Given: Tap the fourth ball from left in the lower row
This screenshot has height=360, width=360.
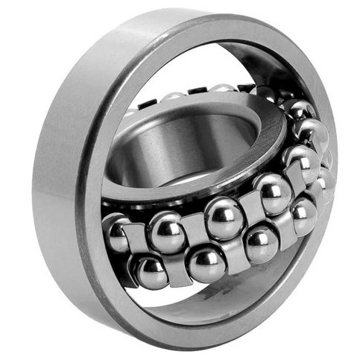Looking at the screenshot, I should coord(303,215).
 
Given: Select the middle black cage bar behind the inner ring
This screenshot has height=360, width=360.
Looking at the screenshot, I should coord(198,91).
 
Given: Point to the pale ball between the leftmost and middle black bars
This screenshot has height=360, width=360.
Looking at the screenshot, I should coord(174,95).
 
